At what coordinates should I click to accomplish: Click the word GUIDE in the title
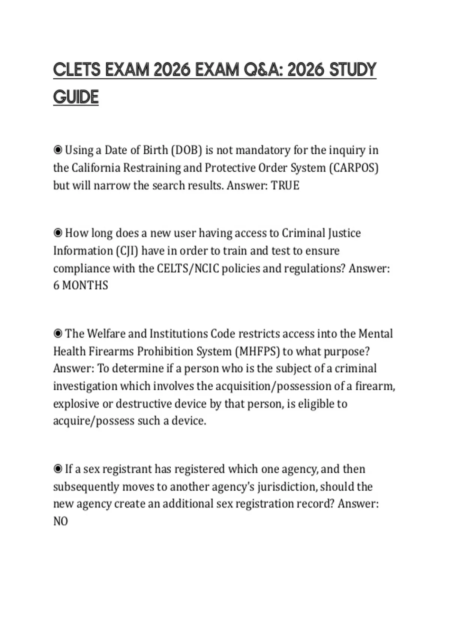76,97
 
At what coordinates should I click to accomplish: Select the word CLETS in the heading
77,70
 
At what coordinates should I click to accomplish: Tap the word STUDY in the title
352,70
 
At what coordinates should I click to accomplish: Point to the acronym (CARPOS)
354,168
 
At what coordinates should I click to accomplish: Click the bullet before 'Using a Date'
58,150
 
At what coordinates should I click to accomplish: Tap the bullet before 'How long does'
58,233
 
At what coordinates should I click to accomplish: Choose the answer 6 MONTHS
81,286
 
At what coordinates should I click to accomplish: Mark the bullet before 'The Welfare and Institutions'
58,334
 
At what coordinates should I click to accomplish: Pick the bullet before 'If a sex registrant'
58,469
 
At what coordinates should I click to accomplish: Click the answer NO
60,521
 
